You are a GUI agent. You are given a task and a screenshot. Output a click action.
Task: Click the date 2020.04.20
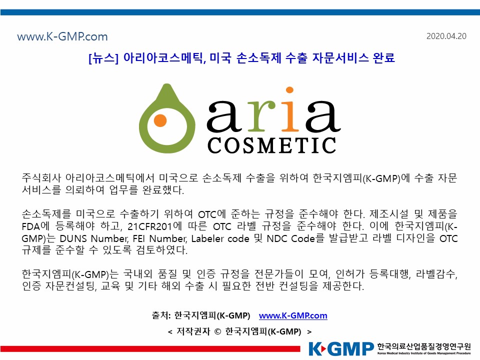tap(446, 36)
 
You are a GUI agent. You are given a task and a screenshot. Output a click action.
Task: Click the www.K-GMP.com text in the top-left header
tap(62, 36)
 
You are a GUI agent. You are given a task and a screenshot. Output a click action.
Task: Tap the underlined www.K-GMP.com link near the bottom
tap(293, 315)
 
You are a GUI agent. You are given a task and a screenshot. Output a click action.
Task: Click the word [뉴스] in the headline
tap(103, 58)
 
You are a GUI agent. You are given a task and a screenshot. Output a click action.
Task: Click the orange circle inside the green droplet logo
tap(160, 120)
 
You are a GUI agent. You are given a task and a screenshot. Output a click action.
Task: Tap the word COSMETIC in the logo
tap(272, 145)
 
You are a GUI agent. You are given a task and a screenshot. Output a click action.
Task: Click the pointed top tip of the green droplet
tap(167, 84)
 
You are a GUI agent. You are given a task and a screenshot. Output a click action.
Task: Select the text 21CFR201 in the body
tap(150, 226)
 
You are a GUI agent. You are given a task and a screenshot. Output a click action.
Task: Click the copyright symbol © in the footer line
tap(217, 332)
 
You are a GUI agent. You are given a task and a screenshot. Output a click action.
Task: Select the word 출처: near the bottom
tap(161, 315)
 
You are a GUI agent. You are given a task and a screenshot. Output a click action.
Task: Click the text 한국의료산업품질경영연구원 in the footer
tap(424, 346)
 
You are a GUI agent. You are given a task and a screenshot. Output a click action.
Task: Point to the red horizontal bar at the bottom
tap(150, 349)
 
